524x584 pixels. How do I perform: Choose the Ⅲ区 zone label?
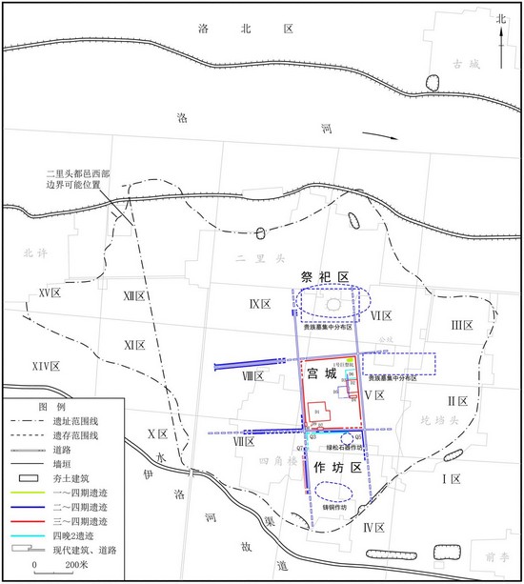pyautogui.click(x=462, y=324)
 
